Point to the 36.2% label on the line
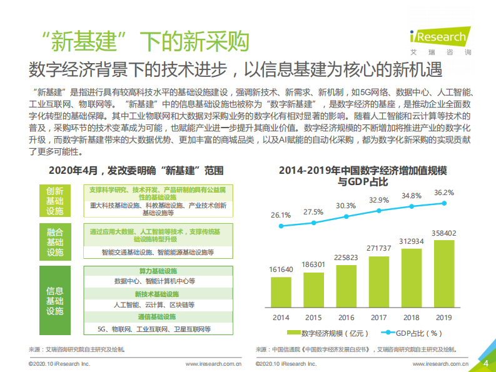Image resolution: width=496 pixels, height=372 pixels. tap(443, 193)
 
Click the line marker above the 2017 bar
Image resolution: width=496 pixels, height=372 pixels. tap(380, 212)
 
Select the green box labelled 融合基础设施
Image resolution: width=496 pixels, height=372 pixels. tap(55, 242)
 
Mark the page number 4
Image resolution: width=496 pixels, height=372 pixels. tap(486, 363)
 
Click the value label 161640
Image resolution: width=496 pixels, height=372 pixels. tap(281, 269)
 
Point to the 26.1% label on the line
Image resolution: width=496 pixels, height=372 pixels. tap(281, 215)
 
